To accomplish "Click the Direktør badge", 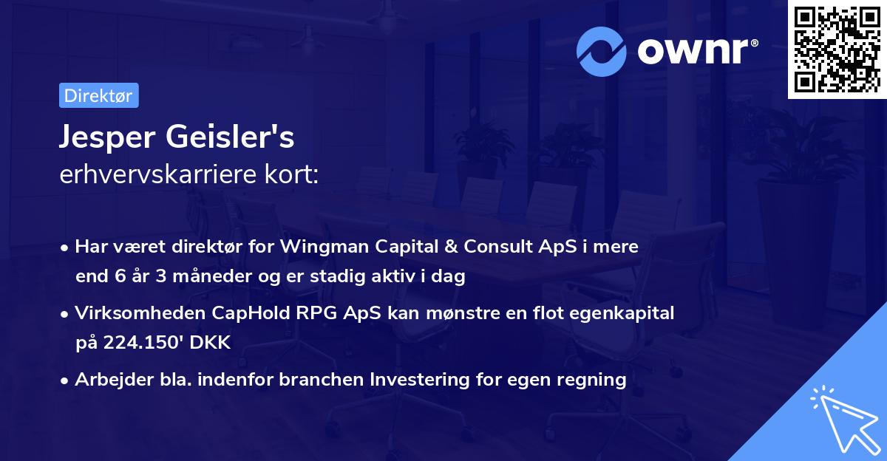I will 98,95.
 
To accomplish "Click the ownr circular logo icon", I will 602,51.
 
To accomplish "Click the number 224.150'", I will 137,344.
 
